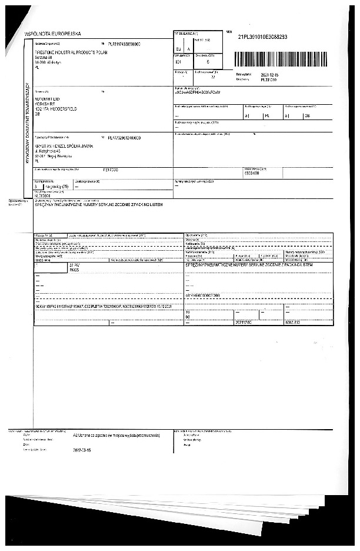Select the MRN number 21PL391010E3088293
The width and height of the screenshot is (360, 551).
[x=262, y=37]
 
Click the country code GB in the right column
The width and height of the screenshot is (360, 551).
[x=306, y=116]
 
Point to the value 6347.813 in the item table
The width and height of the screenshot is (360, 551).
[x=293, y=322]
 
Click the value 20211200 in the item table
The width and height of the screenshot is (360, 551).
[x=243, y=322]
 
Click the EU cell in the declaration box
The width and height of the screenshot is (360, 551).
[x=179, y=49]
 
